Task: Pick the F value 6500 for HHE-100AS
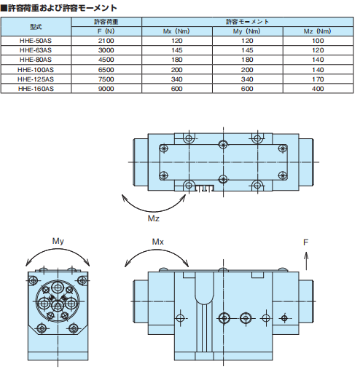tap(105, 71)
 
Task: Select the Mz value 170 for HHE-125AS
tap(316, 79)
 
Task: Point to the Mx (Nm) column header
tap(177, 32)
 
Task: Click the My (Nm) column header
tap(246, 32)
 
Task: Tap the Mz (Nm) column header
tap(316, 32)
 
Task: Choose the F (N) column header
tap(105, 32)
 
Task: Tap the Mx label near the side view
tap(160, 241)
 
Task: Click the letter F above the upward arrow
tap(307, 240)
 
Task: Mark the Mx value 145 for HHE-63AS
tap(177, 52)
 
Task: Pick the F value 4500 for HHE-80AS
tap(105, 61)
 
